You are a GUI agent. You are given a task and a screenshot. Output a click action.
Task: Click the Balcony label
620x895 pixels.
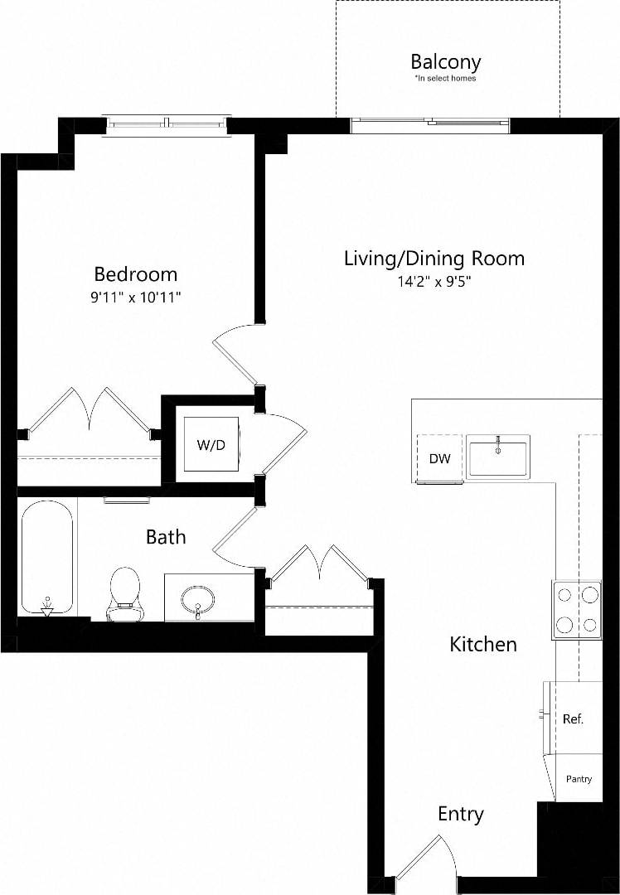tap(445, 61)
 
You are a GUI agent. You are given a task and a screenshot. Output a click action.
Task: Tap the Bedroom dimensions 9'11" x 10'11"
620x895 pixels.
tap(135, 296)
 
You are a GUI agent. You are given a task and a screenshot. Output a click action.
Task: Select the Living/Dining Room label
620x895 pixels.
tap(434, 258)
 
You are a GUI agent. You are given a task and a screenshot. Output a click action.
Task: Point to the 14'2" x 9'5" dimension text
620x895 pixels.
tap(434, 281)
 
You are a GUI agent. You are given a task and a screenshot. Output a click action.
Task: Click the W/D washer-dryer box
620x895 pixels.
tap(211, 444)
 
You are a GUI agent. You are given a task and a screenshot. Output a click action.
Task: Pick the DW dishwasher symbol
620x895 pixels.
tap(439, 458)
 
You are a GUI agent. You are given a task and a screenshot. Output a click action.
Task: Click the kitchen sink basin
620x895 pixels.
tap(497, 457)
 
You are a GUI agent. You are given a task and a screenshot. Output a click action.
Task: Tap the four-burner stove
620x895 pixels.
tap(577, 609)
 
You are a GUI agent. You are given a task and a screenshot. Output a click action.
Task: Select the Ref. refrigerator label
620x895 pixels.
tap(573, 718)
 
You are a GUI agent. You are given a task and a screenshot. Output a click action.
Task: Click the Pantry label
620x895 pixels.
tap(579, 779)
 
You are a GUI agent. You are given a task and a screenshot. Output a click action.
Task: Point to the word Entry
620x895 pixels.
tap(460, 814)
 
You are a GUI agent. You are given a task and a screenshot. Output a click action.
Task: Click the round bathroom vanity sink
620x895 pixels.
tap(198, 597)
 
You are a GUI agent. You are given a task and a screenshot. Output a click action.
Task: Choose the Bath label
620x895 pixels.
tap(166, 537)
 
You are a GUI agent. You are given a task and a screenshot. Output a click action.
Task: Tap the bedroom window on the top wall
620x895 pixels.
tap(167, 124)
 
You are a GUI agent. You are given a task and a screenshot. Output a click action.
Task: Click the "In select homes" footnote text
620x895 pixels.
tap(445, 79)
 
